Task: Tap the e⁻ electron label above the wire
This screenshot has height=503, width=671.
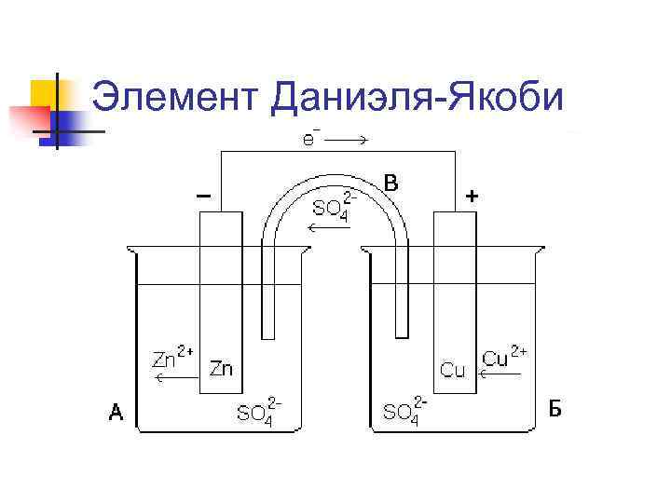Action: click(308, 140)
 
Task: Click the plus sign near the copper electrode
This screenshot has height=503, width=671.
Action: click(472, 196)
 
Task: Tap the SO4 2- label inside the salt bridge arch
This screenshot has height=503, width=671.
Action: click(331, 208)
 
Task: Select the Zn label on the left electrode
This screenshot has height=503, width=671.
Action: click(222, 369)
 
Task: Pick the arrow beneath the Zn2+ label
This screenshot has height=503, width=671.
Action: click(168, 378)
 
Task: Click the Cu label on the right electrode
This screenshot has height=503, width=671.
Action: click(453, 370)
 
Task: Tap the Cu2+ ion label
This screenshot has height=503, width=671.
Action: click(503, 358)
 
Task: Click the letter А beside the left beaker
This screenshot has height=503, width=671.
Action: click(116, 413)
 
